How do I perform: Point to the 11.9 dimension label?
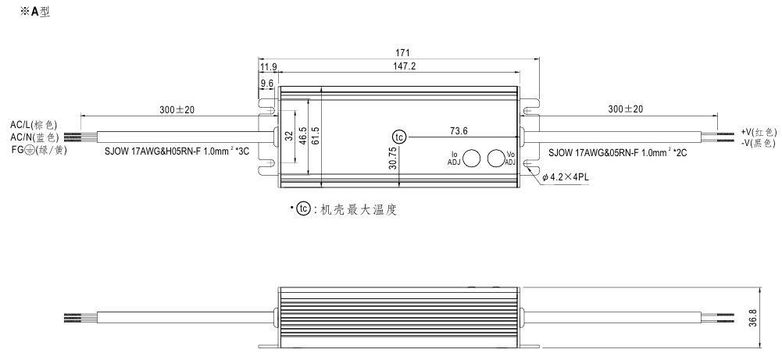click(x=269, y=67)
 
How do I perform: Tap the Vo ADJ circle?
click(x=496, y=157)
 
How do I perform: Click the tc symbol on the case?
click(x=398, y=137)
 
